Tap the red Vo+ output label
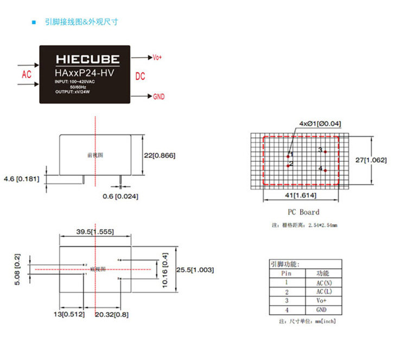[157, 58]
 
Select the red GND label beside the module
[158, 97]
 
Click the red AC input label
[27, 74]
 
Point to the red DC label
[140, 77]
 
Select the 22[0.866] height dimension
[160, 155]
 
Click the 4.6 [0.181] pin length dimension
[21, 178]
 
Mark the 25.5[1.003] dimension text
[195, 270]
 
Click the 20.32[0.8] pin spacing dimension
[112, 314]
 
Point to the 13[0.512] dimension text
[68, 314]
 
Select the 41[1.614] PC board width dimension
[300, 195]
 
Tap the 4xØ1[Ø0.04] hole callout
[320, 123]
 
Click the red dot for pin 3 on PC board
[325, 151]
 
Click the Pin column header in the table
[287, 274]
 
